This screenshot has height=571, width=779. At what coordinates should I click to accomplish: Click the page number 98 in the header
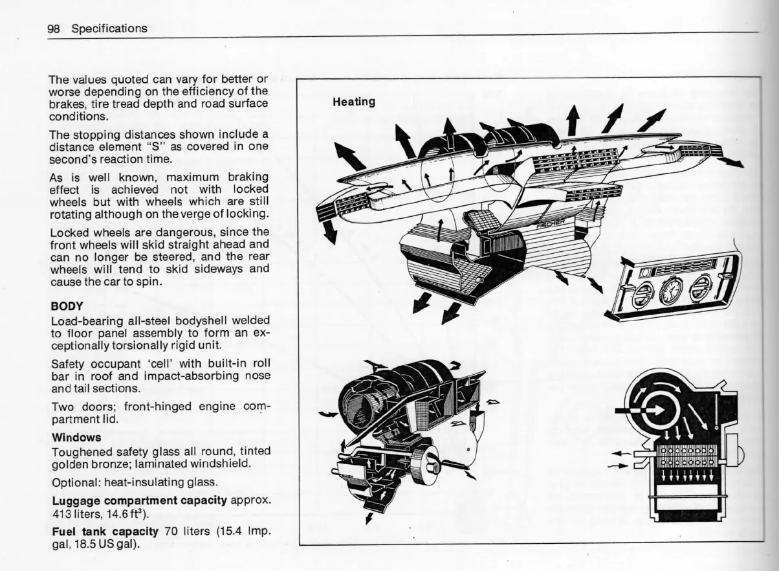click(x=55, y=28)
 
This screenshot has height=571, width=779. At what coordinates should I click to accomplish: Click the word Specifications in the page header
click(x=109, y=28)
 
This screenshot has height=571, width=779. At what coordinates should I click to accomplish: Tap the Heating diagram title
click(x=353, y=102)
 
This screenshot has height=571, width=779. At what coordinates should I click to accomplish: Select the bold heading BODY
click(x=67, y=306)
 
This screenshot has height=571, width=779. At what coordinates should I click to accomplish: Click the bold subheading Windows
click(x=76, y=437)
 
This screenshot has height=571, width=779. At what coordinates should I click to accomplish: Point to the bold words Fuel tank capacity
click(x=105, y=532)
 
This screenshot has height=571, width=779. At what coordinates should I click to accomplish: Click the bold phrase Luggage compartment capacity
click(x=138, y=500)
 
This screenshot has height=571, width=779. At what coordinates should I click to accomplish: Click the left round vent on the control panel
click(x=642, y=294)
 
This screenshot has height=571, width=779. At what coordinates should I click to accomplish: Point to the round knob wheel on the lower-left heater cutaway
click(x=427, y=464)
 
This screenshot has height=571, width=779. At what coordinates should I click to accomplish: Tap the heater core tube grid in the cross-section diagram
click(x=686, y=456)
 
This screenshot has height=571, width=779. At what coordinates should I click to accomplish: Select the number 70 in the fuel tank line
click(x=171, y=532)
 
